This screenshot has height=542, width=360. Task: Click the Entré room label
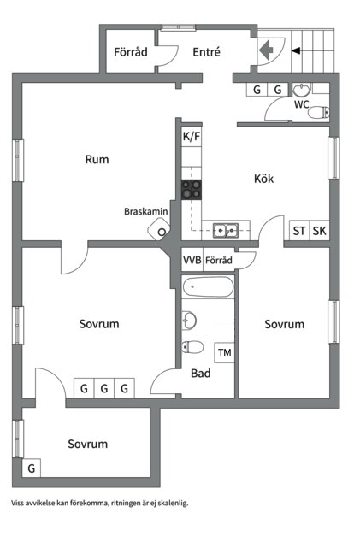click(x=206, y=52)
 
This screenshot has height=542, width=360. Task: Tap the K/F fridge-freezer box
click(x=192, y=136)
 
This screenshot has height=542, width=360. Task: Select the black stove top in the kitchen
click(x=192, y=190)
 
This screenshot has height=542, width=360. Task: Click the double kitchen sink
click(x=226, y=231)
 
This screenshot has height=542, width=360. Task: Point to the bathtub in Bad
click(x=208, y=287)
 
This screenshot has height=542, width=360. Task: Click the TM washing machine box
click(x=224, y=352)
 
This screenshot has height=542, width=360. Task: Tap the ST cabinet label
click(x=299, y=231)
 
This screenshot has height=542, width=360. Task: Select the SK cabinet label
click(x=319, y=231)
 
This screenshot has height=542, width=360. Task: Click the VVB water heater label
click(x=192, y=260)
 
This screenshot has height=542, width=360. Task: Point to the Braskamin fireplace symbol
click(x=159, y=229)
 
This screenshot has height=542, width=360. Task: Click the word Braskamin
click(x=146, y=211)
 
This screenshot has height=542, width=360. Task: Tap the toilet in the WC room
click(x=318, y=113)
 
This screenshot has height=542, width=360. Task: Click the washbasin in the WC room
click(x=302, y=91)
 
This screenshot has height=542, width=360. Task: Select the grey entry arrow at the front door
click(x=266, y=50)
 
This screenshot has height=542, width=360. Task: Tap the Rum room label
click(x=97, y=159)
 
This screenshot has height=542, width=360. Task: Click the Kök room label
click(x=264, y=179)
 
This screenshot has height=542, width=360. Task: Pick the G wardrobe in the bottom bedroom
click(x=32, y=468)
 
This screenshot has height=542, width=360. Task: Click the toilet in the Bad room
click(x=192, y=347)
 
